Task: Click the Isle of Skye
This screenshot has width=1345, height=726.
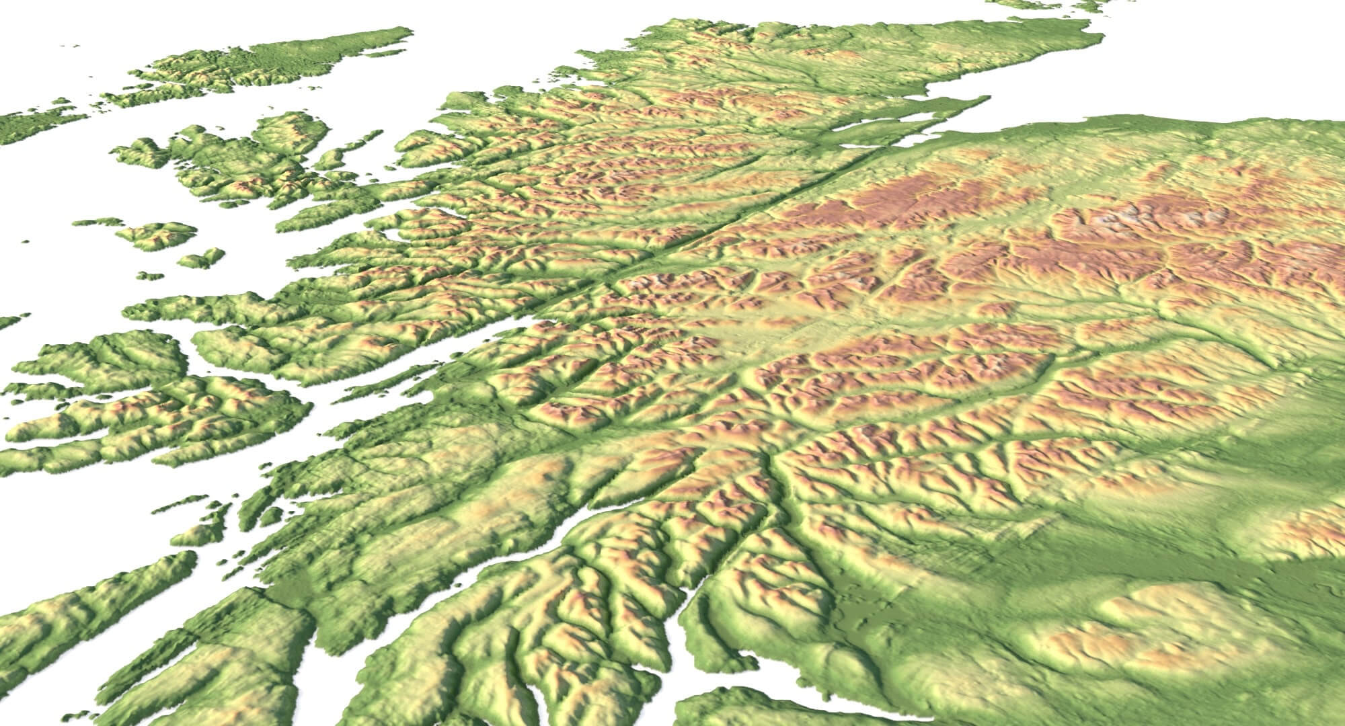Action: coord(242,161)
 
